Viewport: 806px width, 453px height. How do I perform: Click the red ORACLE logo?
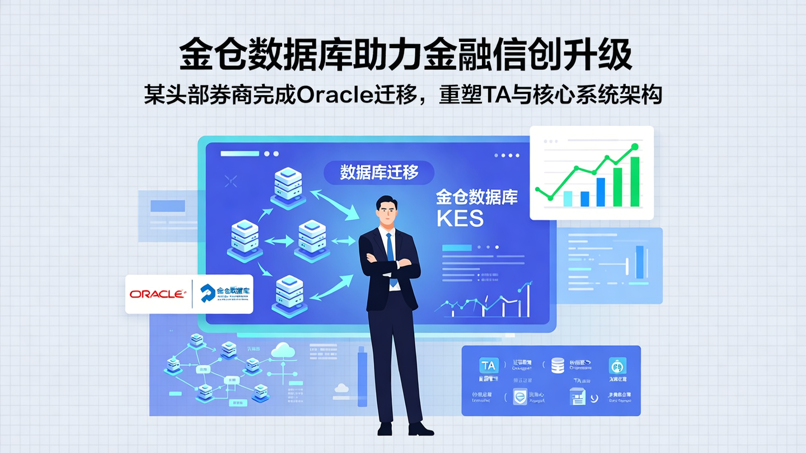pyautogui.click(x=157, y=294)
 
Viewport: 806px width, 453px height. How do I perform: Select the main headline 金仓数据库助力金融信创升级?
pyautogui.click(x=406, y=55)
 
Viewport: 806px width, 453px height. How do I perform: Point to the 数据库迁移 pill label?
pyautogui.click(x=379, y=172)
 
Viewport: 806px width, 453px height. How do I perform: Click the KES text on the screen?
pyautogui.click(x=460, y=219)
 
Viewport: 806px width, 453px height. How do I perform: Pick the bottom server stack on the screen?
pyautogui.click(x=289, y=296)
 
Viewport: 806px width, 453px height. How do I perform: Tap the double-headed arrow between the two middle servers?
pyautogui.click(x=278, y=241)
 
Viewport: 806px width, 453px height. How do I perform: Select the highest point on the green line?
pyautogui.click(x=634, y=147)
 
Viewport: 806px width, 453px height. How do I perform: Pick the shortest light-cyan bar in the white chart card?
pyautogui.click(x=568, y=199)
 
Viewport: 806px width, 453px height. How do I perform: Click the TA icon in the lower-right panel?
pyautogui.click(x=489, y=366)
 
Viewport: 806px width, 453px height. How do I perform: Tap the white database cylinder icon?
pyautogui.click(x=557, y=366)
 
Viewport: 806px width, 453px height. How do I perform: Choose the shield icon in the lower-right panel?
pyautogui.click(x=520, y=397)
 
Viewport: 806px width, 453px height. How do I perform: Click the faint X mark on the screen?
pyautogui.click(x=230, y=181)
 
